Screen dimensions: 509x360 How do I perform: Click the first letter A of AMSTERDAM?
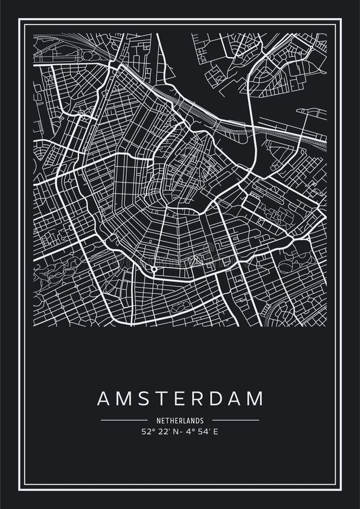click(103, 398)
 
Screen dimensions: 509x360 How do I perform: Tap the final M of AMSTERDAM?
click(255, 398)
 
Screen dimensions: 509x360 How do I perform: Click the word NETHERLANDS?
click(180, 421)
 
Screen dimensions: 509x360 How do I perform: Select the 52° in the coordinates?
click(148, 431)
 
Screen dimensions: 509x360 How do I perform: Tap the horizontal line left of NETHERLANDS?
click(124, 420)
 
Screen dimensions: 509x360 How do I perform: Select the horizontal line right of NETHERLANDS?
click(236, 420)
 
